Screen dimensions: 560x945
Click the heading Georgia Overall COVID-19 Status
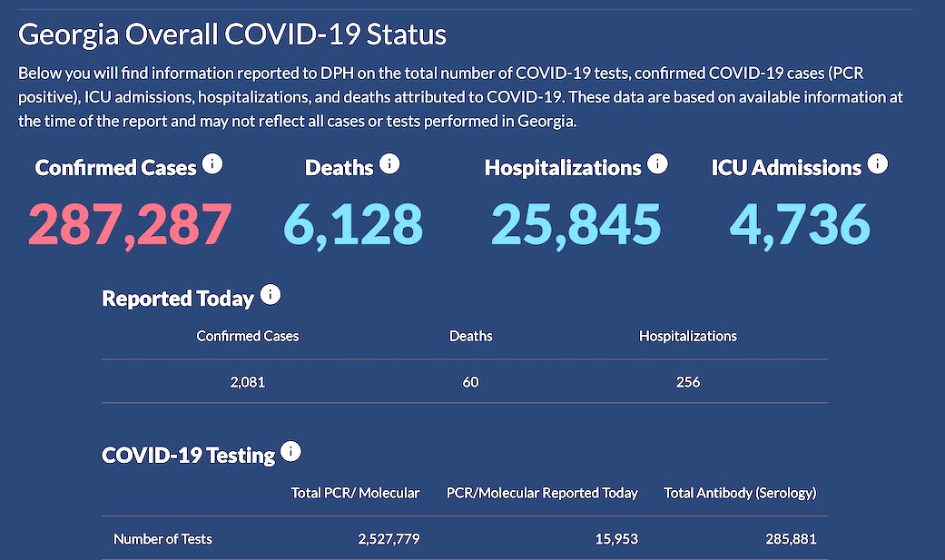pyautogui.click(x=232, y=34)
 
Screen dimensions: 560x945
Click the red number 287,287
pyautogui.click(x=130, y=224)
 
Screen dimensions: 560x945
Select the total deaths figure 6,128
pyautogui.click(x=353, y=224)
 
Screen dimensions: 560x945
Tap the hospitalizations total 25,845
pyautogui.click(x=576, y=224)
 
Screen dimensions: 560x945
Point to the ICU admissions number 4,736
pyautogui.click(x=800, y=224)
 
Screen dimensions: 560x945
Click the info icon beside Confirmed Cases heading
pyautogui.click(x=212, y=164)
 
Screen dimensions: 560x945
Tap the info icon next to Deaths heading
pyautogui.click(x=389, y=164)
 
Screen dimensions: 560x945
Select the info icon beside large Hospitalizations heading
pyautogui.click(x=657, y=164)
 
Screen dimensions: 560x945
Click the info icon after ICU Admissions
pyautogui.click(x=877, y=164)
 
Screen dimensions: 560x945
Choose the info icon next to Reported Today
pyautogui.click(x=271, y=295)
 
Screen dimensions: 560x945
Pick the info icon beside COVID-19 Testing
pyautogui.click(x=290, y=451)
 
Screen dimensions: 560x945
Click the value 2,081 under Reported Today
pyautogui.click(x=248, y=382)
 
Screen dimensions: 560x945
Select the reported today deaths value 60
pyautogui.click(x=470, y=382)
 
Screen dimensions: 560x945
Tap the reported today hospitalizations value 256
pyautogui.click(x=688, y=382)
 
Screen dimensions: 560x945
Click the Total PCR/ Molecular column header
pyautogui.click(x=355, y=493)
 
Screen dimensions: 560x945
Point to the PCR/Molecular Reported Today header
pyautogui.click(x=542, y=493)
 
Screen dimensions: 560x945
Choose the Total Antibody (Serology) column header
pyautogui.click(x=740, y=493)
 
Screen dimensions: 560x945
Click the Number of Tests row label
pyautogui.click(x=162, y=539)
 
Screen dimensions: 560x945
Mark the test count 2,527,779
pyautogui.click(x=389, y=539)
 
